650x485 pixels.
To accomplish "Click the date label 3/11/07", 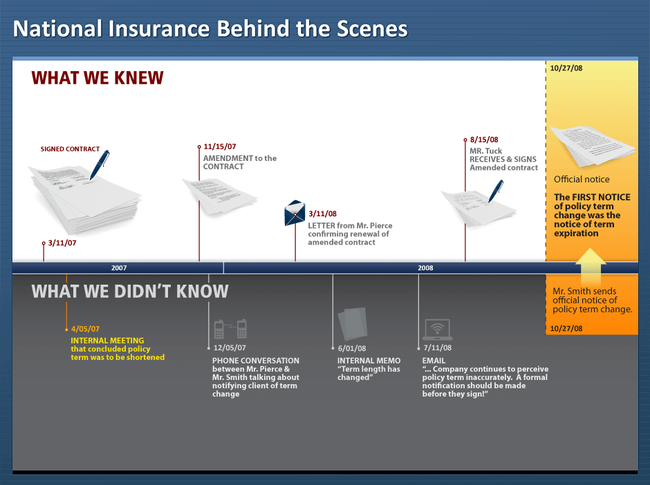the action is [62, 242].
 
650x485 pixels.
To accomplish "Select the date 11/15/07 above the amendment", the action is [220, 146].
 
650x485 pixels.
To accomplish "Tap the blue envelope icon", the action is [295, 213].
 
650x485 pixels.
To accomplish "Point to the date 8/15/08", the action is [484, 140].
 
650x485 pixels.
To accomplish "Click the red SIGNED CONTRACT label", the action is [70, 149].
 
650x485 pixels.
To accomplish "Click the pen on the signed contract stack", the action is [100, 164].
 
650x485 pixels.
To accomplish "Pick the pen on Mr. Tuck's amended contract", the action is [496, 191].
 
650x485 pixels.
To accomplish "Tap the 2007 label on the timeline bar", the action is [119, 268].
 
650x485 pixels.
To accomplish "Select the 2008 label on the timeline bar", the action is [425, 268].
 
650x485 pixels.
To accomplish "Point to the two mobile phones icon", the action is [230, 330].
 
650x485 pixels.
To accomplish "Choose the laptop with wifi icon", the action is [437, 330].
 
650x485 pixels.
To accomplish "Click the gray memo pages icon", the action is [353, 324].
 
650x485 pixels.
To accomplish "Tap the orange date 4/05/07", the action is [85, 329].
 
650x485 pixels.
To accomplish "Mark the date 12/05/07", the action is [230, 348].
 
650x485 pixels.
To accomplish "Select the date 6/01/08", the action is [352, 348].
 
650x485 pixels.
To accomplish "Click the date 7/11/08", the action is [437, 348].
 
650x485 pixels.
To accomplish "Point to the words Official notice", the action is [582, 180].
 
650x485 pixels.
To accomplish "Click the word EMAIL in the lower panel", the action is [434, 361].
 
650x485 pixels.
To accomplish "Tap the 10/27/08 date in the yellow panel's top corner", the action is [566, 68].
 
